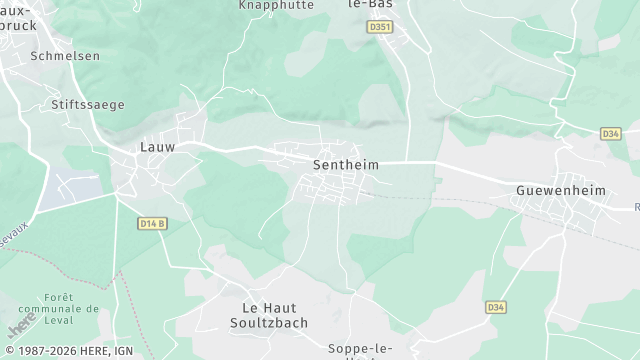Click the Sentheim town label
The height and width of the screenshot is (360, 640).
tap(344, 164)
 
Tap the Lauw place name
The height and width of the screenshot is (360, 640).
tap(157, 147)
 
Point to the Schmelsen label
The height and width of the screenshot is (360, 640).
tap(65, 56)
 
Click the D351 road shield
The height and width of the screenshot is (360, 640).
tap(379, 27)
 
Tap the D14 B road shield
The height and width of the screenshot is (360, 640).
tap(150, 223)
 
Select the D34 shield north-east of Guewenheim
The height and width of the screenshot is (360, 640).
tap(611, 133)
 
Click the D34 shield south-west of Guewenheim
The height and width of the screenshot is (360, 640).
tap(495, 307)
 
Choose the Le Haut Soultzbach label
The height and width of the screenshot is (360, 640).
tap(276, 315)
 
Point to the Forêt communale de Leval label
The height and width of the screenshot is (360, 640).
tap(73, 310)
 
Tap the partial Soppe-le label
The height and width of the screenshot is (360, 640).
tap(358, 349)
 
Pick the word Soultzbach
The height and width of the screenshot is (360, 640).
tap(276, 323)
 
